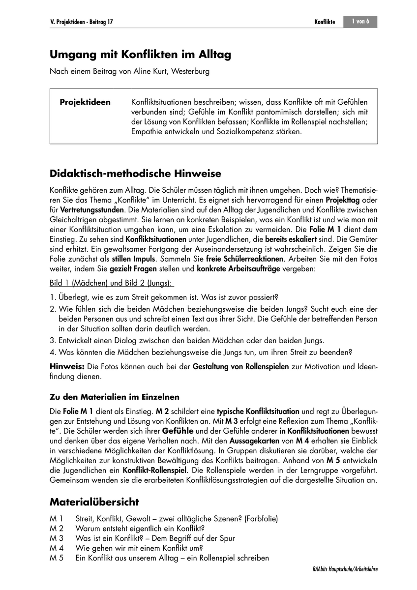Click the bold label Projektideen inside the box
[x=85, y=102]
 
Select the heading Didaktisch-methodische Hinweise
[x=136, y=174]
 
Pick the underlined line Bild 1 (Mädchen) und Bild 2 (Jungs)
[x=111, y=285]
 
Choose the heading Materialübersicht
[x=94, y=502]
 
